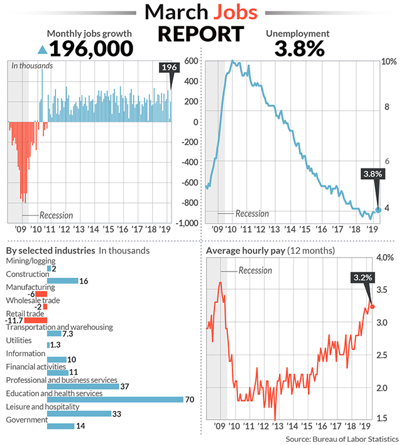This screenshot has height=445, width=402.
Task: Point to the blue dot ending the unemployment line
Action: [x=378, y=211]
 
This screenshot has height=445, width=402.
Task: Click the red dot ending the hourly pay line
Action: [x=373, y=307]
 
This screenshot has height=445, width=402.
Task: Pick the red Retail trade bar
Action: [x=36, y=320]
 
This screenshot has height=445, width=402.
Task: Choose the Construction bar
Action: [x=63, y=280]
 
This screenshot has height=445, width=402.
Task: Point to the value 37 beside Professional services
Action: [x=124, y=387]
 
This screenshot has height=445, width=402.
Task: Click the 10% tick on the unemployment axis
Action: [x=389, y=62]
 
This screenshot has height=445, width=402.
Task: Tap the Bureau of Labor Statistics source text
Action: [x=342, y=438]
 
